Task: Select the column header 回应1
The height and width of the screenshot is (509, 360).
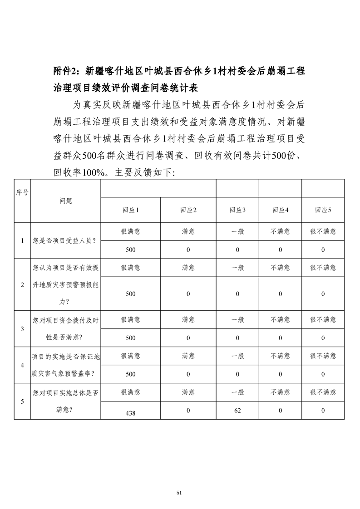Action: [130, 210]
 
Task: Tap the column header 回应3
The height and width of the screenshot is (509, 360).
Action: [237, 210]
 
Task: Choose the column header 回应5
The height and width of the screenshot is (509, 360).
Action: [323, 210]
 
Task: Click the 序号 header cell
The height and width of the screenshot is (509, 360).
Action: [22, 192]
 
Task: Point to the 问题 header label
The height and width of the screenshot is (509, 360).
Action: [65, 201]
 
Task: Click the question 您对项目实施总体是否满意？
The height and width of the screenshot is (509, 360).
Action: [65, 401]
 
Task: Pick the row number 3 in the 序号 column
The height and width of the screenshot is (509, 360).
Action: [22, 328]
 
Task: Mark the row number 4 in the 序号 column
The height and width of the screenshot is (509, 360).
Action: [22, 365]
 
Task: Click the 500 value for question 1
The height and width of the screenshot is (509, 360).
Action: [130, 250]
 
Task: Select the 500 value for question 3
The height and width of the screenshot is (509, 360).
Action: [130, 338]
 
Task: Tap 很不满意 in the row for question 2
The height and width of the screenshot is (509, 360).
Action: [323, 268]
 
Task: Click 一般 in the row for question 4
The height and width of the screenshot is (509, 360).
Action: [237, 356]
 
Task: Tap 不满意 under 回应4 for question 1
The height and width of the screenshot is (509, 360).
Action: [280, 231]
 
